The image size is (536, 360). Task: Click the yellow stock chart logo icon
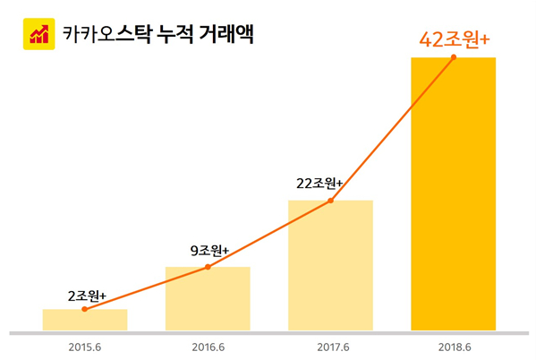[38, 35]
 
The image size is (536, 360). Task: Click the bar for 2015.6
[85, 321]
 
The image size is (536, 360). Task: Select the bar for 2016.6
[208, 299]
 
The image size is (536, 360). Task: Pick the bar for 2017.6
[330, 266]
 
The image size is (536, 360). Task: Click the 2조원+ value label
[87, 295]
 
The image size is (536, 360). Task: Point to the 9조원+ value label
[209, 251]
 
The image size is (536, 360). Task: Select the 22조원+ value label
[319, 184]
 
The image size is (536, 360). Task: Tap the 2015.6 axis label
[85, 346]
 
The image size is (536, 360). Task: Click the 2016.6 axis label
[208, 346]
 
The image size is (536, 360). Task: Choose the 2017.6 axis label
[330, 346]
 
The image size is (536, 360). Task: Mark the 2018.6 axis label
[453, 346]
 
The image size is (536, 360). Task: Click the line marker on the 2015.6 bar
[85, 309]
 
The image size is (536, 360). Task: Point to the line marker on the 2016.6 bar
[208, 267]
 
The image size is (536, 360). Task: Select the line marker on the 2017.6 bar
[330, 201]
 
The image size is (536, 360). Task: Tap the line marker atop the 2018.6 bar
[453, 57]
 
